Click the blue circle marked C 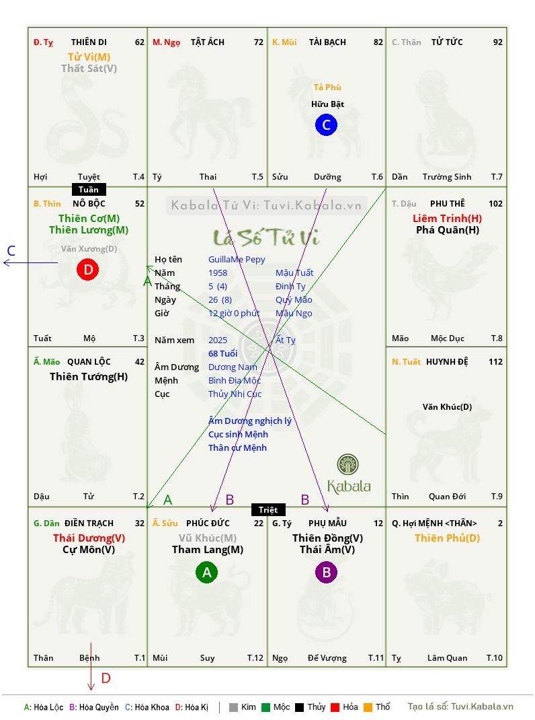326,125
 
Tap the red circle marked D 88,270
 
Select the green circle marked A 207,572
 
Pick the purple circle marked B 326,572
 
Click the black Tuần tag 89,190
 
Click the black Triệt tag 268,509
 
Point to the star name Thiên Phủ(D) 448,538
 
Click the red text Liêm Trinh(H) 448,219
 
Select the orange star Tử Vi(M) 89,57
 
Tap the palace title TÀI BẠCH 327,42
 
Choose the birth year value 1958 218,273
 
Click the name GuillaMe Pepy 237,260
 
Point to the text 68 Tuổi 223,353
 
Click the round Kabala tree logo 347,464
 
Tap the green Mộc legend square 265,707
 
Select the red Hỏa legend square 335,707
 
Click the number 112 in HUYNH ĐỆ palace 495,362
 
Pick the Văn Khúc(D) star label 448,407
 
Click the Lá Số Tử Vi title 267,238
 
